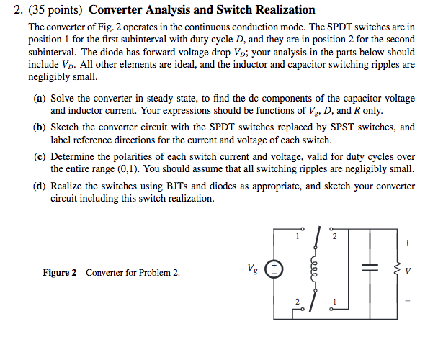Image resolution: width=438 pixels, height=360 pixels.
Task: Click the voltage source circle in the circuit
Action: (x=276, y=271)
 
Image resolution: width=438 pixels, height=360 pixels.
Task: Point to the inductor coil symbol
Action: (x=314, y=271)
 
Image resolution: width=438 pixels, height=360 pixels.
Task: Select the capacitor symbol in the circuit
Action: (x=370, y=269)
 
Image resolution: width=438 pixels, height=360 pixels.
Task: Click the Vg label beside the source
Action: (x=251, y=269)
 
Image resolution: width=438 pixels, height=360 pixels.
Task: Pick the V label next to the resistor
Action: (x=408, y=272)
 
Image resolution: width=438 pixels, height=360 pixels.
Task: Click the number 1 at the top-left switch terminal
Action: (x=296, y=235)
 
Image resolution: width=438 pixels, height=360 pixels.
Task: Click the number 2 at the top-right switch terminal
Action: (x=334, y=235)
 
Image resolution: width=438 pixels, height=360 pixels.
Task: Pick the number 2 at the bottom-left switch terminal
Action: (x=295, y=300)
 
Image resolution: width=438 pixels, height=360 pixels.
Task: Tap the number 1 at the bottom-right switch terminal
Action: (x=334, y=300)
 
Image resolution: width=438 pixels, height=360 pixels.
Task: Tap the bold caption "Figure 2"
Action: (x=60, y=273)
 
